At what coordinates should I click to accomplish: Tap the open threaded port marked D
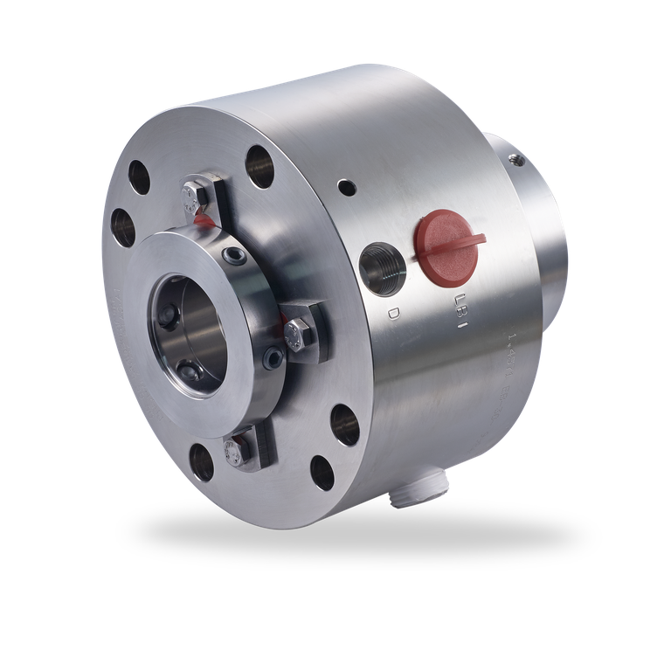click(x=384, y=266)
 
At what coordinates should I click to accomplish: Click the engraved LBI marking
click(x=460, y=309)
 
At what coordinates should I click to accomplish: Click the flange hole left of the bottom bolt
click(x=201, y=461)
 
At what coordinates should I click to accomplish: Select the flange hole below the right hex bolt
click(x=346, y=425)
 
